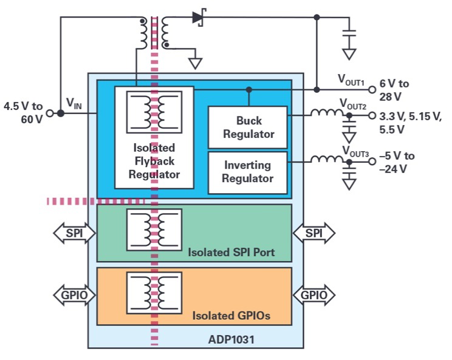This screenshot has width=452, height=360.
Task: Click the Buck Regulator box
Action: coord(247,127)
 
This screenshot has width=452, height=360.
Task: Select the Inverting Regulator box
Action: coord(247,172)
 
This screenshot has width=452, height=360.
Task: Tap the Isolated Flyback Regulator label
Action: coord(154,161)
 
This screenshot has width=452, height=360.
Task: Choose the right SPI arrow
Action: coord(313,233)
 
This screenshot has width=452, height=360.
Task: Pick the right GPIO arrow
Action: coord(313,296)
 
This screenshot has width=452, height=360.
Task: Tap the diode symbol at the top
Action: coord(199,18)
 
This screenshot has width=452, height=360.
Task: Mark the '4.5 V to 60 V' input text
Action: coord(23,112)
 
